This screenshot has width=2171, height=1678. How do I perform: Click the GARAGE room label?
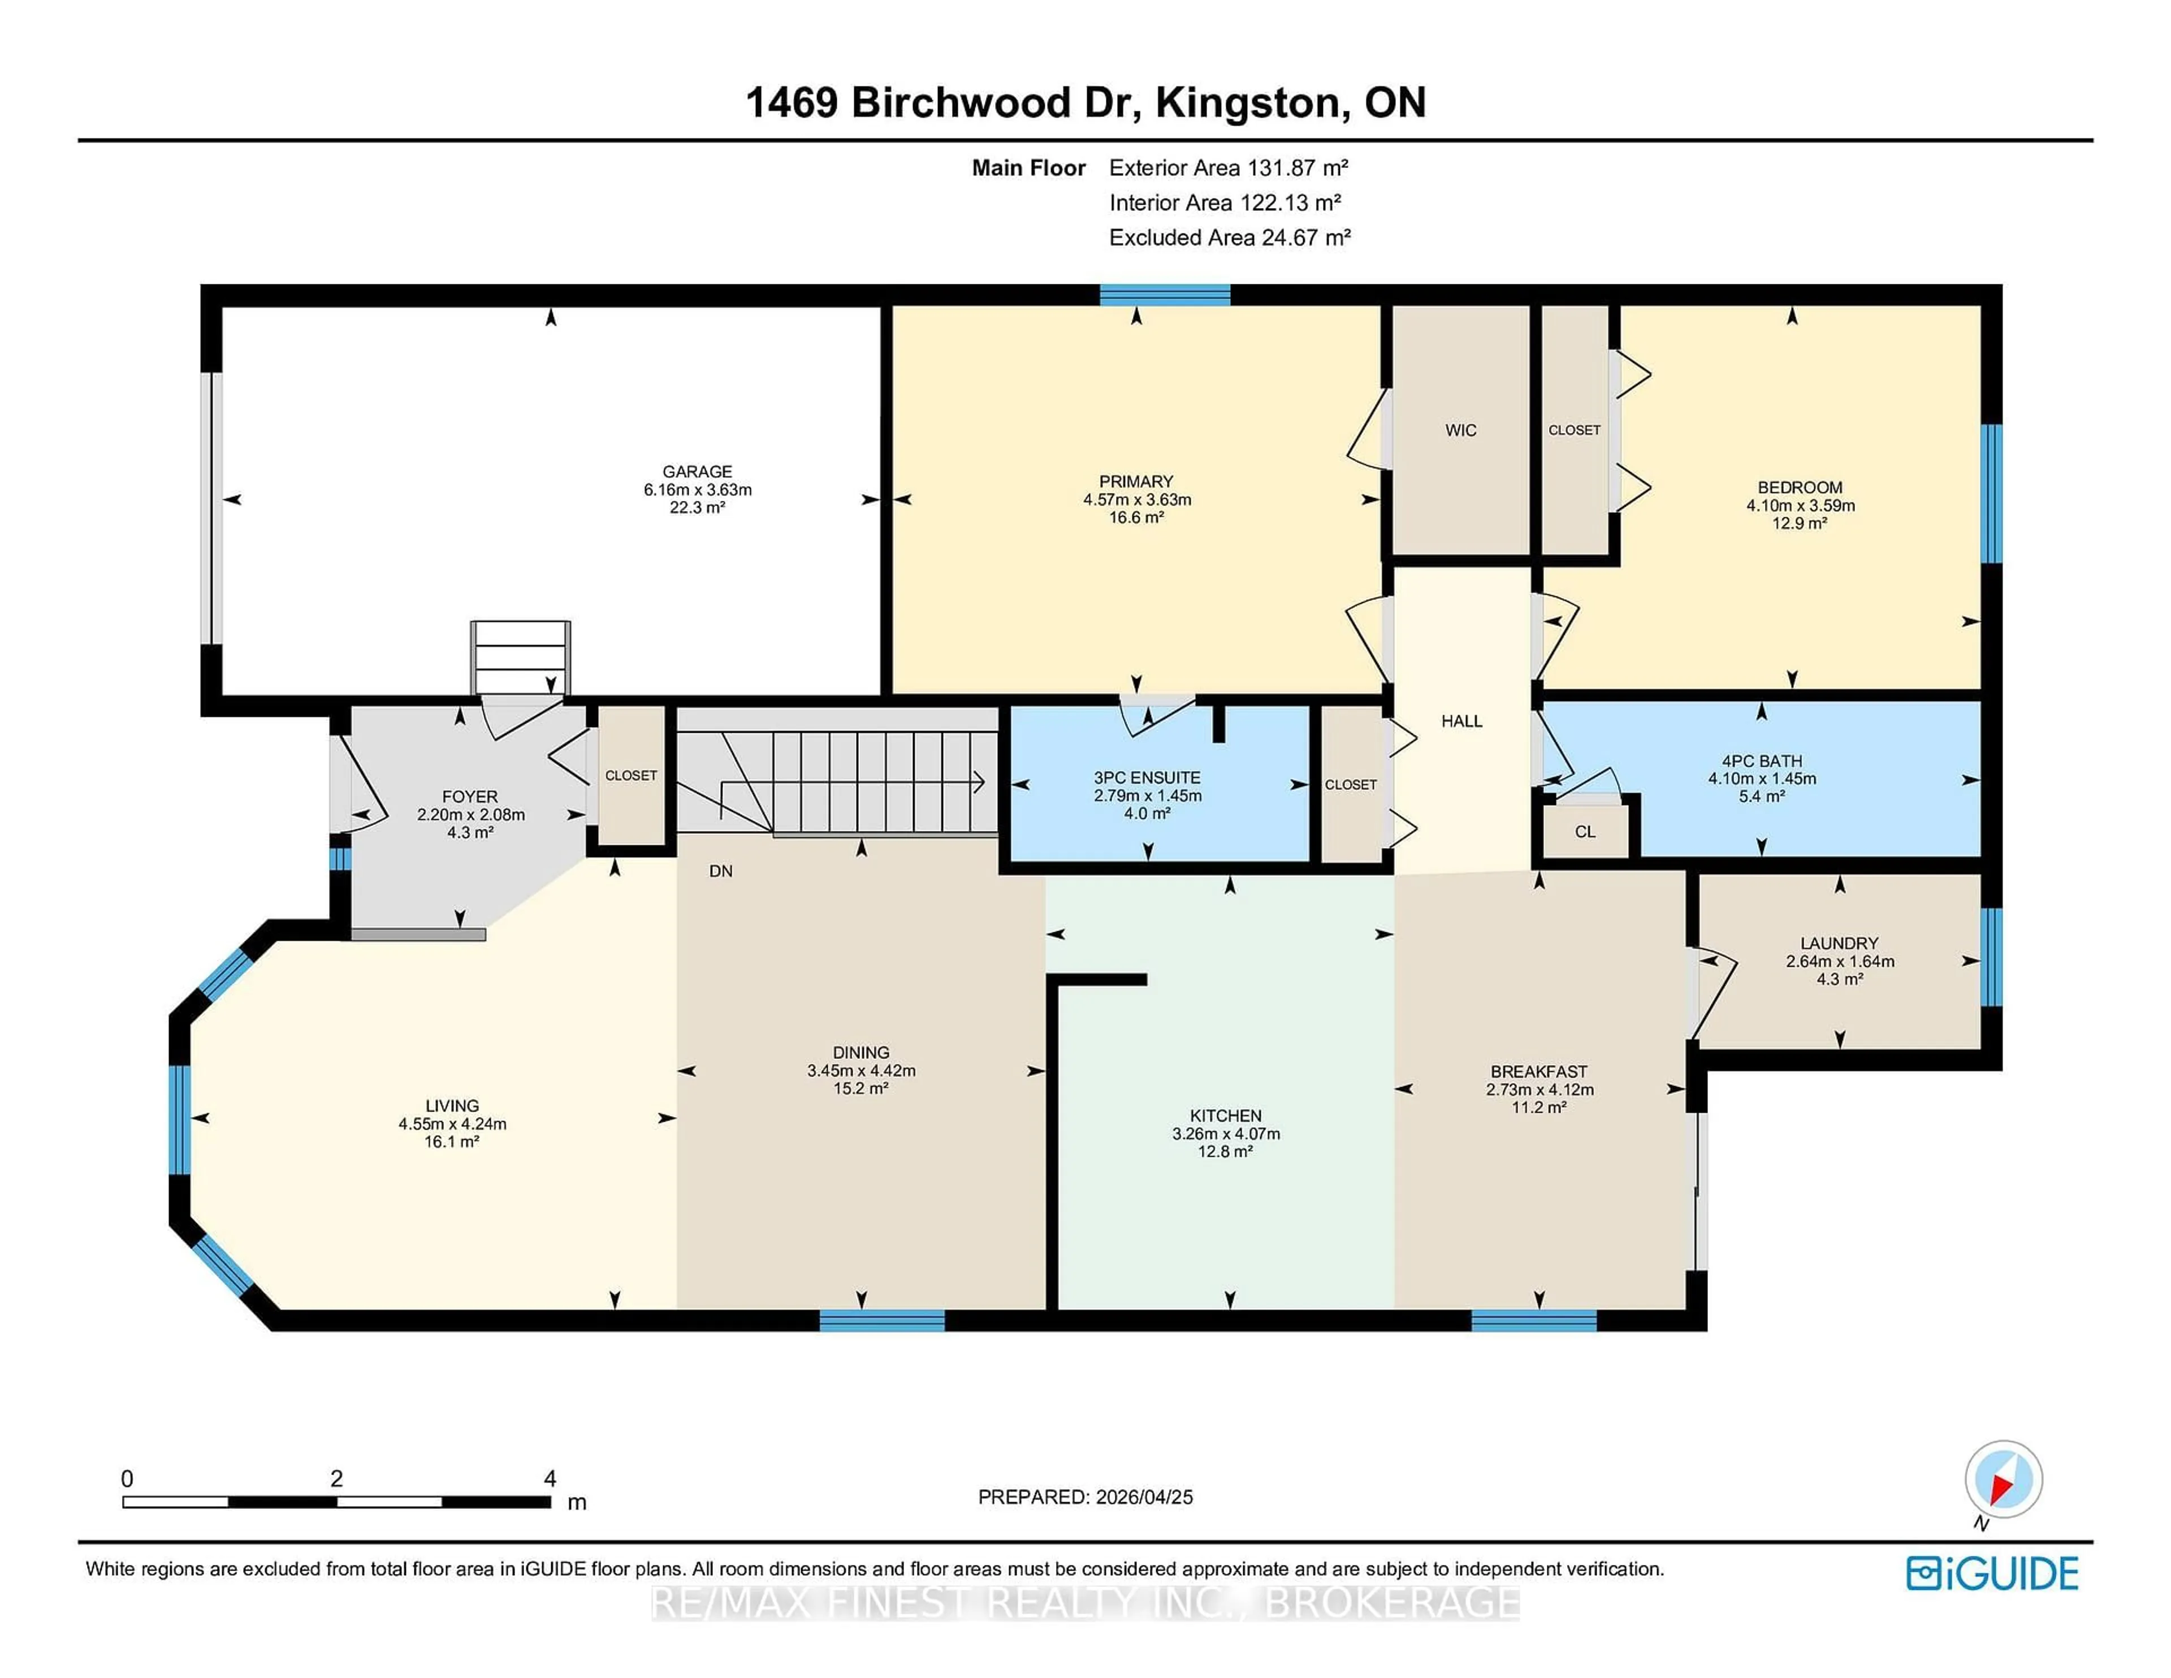click(x=697, y=471)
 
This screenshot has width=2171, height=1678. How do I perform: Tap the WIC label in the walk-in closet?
click(x=1460, y=430)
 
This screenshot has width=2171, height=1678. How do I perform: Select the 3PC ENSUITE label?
click(x=1147, y=777)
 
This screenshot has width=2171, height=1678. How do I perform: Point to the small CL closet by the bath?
click(x=1585, y=831)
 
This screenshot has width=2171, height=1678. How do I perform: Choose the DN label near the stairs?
click(x=721, y=871)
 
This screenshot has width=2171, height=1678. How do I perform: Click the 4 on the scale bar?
click(x=550, y=1478)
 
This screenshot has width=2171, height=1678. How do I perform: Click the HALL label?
click(x=1461, y=721)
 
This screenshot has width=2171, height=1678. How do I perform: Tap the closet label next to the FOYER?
click(x=630, y=775)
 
